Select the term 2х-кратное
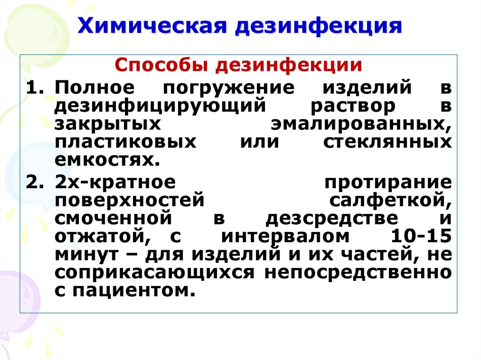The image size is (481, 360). [x=115, y=183]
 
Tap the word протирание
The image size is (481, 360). [x=388, y=183]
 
